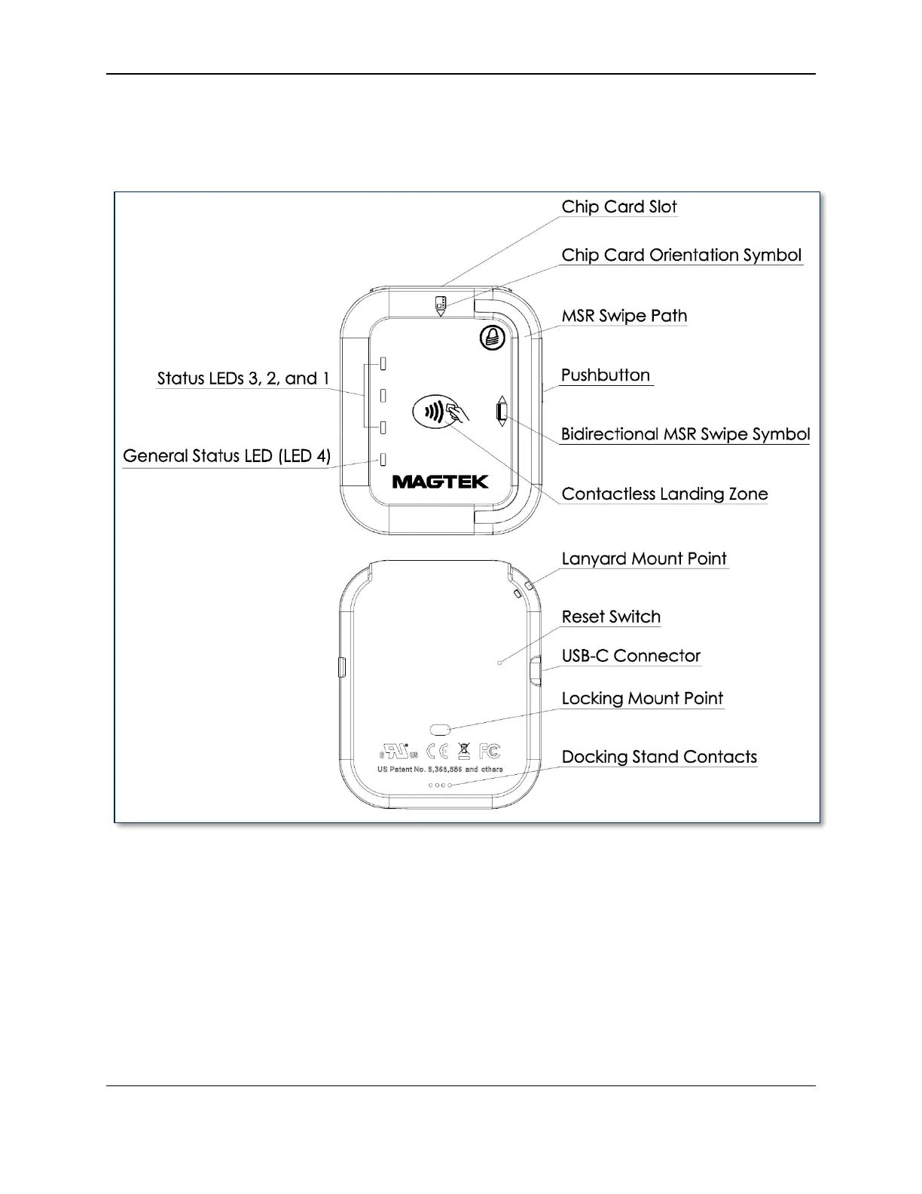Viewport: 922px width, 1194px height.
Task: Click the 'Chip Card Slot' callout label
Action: point(619,207)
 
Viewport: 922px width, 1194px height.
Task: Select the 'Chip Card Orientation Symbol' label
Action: point(681,256)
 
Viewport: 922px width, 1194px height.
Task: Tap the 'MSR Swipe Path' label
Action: point(624,316)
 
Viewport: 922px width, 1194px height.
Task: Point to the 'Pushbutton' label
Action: point(606,375)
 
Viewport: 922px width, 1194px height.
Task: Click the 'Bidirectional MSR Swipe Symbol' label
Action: point(685,435)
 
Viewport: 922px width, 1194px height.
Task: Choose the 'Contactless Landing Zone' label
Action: point(664,494)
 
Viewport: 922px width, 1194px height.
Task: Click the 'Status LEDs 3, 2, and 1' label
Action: point(243,378)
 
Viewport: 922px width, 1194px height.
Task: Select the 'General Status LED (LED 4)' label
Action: point(226,456)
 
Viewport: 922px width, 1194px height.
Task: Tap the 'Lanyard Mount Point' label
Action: point(644,559)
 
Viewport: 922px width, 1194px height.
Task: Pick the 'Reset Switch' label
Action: point(611,617)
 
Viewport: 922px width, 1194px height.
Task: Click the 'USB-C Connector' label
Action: point(630,657)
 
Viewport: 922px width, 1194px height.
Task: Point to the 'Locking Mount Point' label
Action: point(642,699)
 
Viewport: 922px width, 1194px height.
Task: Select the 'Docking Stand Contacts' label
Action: point(659,758)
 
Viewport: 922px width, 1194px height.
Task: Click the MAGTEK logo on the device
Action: point(440,482)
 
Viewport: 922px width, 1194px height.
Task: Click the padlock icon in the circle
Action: point(492,338)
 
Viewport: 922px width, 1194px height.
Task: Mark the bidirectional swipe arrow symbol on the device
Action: point(501,412)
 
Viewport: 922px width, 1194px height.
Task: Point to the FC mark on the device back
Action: point(490,751)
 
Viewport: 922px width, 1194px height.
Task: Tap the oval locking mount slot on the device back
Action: point(439,729)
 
